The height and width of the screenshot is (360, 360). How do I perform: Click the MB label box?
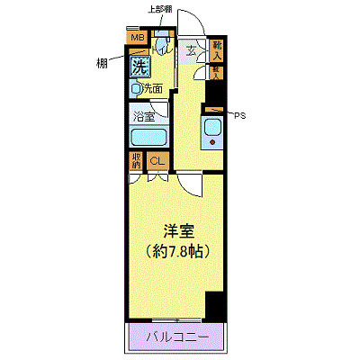137,37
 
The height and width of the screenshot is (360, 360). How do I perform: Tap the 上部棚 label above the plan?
161,10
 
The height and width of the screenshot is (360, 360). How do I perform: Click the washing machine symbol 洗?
139,66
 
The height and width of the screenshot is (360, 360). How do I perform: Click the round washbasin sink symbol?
135,88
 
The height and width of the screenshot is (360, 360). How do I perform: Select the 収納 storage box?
135,162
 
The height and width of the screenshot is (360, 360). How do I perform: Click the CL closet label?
156,162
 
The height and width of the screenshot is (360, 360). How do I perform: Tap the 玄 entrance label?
192,49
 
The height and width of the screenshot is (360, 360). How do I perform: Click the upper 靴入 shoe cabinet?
217,47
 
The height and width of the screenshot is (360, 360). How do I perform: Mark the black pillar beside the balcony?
214,306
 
